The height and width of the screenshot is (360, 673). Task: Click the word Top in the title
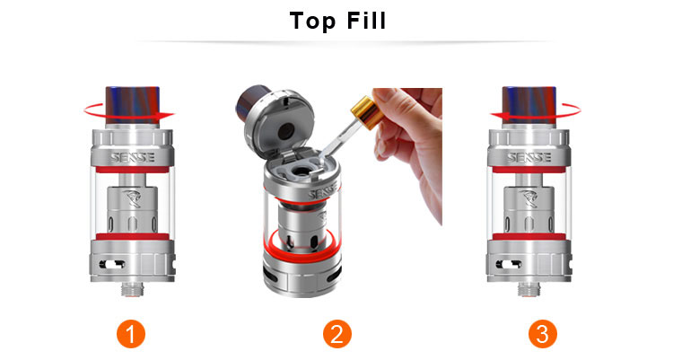pos(312,22)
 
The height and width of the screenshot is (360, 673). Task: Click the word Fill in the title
pos(366,21)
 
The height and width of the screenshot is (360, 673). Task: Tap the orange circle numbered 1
pos(131,334)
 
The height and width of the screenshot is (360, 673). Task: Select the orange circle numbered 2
pos(336,334)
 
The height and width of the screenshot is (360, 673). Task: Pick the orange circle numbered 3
pos(543,334)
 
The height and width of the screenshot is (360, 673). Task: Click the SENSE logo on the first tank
pos(132,157)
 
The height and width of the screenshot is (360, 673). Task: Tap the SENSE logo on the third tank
pos(529,157)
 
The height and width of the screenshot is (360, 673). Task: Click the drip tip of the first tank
pos(132,105)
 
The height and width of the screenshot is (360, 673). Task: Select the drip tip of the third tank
pos(529,105)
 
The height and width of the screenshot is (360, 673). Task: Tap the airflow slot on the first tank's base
pos(112,264)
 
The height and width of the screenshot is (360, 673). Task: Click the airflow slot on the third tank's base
pos(509,264)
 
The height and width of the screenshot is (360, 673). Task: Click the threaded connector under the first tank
pos(132,289)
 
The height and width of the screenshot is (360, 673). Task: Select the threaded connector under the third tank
pos(529,289)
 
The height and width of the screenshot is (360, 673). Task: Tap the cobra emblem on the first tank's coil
pos(132,198)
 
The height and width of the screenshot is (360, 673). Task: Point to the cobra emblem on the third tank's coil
pos(529,198)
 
